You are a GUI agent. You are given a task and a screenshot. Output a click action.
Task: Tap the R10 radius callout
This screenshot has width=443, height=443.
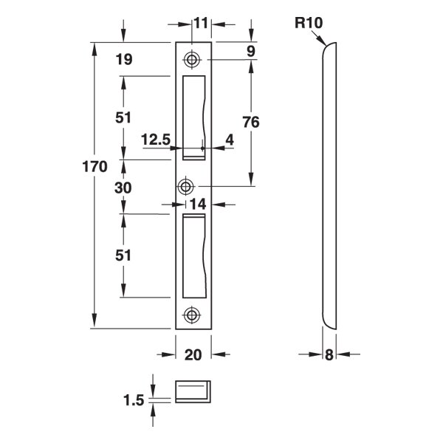point(308,23)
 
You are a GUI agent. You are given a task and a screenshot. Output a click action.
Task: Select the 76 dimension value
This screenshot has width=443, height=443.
point(251,123)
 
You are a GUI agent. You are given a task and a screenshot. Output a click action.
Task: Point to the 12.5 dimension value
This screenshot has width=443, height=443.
point(156,140)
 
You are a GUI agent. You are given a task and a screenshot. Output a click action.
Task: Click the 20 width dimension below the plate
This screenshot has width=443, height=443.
point(193,355)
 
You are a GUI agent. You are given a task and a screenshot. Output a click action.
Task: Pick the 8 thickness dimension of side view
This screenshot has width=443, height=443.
point(329,355)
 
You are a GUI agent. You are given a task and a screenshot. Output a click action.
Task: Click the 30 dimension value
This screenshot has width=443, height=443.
point(123,188)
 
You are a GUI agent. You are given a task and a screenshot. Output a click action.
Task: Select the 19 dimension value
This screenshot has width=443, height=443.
point(123,61)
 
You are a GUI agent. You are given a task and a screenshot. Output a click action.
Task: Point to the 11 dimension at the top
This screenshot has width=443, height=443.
point(201,23)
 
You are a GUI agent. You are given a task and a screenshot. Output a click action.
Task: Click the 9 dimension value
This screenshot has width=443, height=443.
point(251,51)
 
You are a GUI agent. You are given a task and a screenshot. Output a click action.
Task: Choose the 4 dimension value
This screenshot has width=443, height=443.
point(229,140)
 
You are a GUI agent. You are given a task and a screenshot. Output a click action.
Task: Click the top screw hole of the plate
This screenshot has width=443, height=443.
point(193,59)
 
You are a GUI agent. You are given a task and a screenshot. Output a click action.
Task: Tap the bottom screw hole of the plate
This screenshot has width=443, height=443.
point(193,314)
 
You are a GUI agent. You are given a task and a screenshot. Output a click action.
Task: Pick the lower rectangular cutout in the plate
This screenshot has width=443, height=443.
point(193,255)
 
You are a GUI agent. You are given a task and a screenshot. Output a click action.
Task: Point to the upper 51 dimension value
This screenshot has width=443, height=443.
point(123,117)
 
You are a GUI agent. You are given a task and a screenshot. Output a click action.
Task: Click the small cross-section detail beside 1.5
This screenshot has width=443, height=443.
point(193,390)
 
